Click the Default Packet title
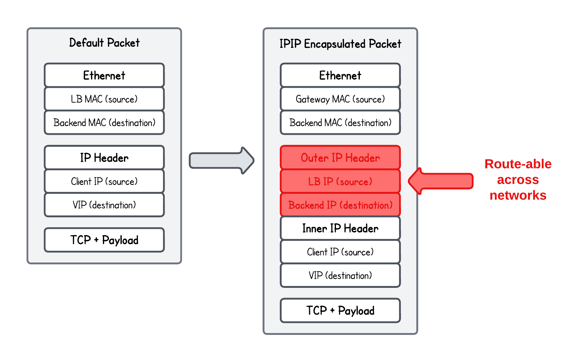[x=104, y=43]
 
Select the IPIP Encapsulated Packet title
[x=340, y=44]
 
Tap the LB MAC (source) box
[x=104, y=99]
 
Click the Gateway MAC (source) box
[x=340, y=99]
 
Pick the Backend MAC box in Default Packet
[x=104, y=123]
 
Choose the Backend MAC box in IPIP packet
[x=340, y=123]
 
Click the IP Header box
[x=104, y=158]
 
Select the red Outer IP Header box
[x=340, y=158]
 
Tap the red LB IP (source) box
[x=340, y=182]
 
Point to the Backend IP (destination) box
[x=340, y=205]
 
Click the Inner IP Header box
[x=340, y=228]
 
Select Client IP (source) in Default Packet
[x=104, y=182]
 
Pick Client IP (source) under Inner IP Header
[x=340, y=252]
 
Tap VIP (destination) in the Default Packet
[x=104, y=205]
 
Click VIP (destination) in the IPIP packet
[x=340, y=276]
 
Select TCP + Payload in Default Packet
[x=104, y=240]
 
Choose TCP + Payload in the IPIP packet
[x=340, y=311]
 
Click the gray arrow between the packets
[x=221, y=161]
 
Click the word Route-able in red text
[x=518, y=164]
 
